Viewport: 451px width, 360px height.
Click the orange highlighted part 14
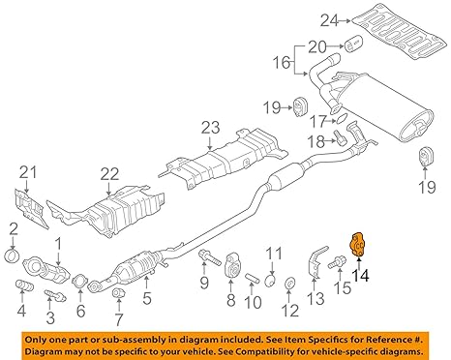click(x=360, y=248)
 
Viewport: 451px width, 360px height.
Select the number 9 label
click(x=203, y=283)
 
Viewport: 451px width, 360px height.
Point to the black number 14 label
click(x=361, y=274)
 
